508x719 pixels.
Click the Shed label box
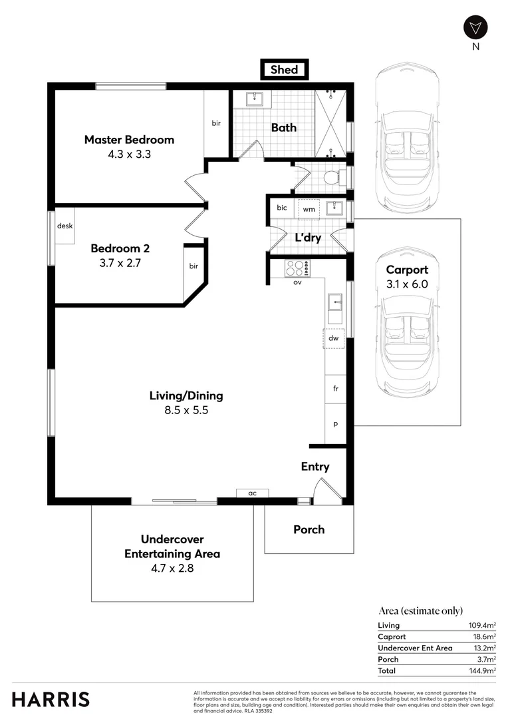click(284, 69)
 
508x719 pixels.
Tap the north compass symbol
click(475, 27)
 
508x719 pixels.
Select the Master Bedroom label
click(129, 140)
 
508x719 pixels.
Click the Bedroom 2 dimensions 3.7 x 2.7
click(120, 262)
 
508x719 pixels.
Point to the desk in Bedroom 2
click(64, 226)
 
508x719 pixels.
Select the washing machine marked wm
click(309, 209)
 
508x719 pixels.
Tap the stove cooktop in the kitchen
click(297, 268)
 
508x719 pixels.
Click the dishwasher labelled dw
click(334, 338)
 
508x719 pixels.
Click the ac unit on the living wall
click(252, 493)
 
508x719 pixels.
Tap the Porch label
click(309, 529)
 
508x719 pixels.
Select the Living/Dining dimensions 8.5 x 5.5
click(186, 411)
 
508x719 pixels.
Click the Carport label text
click(407, 270)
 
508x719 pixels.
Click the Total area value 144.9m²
click(483, 671)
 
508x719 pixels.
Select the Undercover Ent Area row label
click(415, 648)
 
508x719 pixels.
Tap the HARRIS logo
click(51, 700)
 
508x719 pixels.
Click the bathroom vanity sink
click(253, 99)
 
